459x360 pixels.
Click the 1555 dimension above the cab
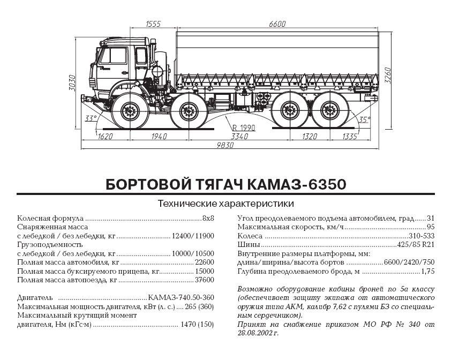pos(153,24)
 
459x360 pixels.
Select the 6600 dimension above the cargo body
pos(277,24)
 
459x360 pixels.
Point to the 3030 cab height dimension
pos(72,83)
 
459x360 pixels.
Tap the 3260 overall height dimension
pos(388,76)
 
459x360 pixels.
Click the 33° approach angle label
pos(91,118)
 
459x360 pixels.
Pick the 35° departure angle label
pos(364,119)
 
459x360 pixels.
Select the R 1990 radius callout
pos(244,128)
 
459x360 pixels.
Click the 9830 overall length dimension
pos(225,145)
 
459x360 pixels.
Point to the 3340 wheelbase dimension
pos(239,137)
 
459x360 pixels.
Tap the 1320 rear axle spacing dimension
pos(310,137)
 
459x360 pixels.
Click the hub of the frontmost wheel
pos(130,111)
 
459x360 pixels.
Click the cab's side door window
pos(113,56)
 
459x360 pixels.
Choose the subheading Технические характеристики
pos(225,204)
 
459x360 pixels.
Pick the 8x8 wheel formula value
pos(208,219)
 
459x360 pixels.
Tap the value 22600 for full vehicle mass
pos(204,262)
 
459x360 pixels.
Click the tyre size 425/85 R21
pos(416,245)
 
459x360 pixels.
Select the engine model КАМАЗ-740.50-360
pos(181,298)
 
